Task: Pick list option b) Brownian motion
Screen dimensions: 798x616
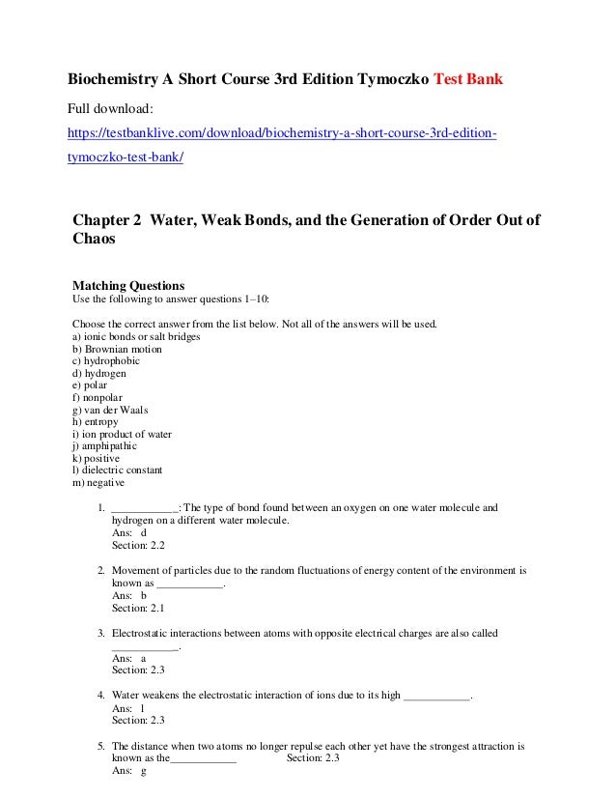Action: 117,348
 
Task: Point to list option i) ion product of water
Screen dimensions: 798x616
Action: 122,434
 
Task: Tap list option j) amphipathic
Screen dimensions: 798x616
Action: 104,446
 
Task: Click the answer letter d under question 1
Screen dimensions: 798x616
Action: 144,532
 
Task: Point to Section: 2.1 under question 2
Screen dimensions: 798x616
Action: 138,608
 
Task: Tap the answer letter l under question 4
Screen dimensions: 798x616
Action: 143,708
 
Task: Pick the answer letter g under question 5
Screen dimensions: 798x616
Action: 144,771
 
